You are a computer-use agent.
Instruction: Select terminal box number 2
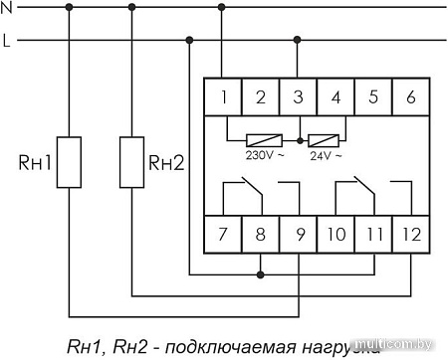(x=261, y=97)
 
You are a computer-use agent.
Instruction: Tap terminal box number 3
(x=298, y=97)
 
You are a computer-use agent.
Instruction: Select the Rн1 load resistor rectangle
(x=69, y=162)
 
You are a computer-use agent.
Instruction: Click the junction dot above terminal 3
(x=298, y=41)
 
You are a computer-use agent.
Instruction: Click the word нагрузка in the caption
(x=338, y=347)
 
